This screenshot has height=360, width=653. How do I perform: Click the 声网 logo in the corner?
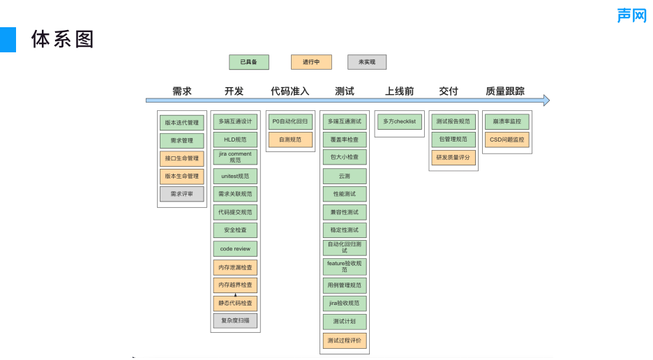pyautogui.click(x=631, y=15)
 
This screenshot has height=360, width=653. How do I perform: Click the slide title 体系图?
pyautogui.click(x=63, y=40)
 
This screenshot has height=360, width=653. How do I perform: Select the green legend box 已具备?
pyautogui.click(x=249, y=62)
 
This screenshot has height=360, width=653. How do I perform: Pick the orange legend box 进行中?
pyautogui.click(x=311, y=62)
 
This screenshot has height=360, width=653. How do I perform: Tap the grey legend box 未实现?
pyautogui.click(x=367, y=62)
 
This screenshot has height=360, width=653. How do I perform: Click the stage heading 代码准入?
pyautogui.click(x=290, y=91)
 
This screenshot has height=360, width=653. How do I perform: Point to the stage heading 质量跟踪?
pyautogui.click(x=505, y=91)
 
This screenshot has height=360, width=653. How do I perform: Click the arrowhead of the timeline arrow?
pyautogui.click(x=546, y=100)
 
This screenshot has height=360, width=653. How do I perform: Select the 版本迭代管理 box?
pyautogui.click(x=181, y=123)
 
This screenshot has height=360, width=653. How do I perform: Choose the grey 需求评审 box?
pyautogui.click(x=181, y=194)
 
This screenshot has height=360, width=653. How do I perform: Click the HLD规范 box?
pyautogui.click(x=235, y=140)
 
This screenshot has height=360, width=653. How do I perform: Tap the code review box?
pyautogui.click(x=235, y=249)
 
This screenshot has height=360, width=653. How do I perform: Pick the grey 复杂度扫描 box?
pyautogui.click(x=235, y=321)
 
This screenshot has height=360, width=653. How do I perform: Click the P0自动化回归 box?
pyautogui.click(x=290, y=121)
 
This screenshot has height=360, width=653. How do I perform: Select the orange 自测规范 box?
pyautogui.click(x=290, y=140)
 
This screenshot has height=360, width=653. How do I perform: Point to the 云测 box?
pyautogui.click(x=345, y=176)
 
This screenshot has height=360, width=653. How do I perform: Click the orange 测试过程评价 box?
pyautogui.click(x=345, y=340)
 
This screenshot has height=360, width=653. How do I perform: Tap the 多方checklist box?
pyautogui.click(x=399, y=121)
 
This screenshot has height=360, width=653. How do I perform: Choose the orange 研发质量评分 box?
pyautogui.click(x=453, y=158)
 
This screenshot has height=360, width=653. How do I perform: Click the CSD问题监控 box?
pyautogui.click(x=507, y=140)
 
